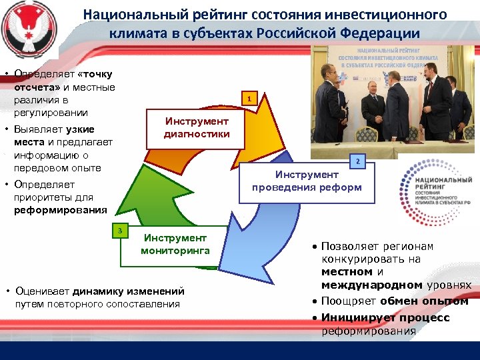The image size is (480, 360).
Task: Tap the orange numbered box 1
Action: point(248,100)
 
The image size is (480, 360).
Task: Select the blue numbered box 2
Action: point(357,161)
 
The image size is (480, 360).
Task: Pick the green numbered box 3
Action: point(119,231)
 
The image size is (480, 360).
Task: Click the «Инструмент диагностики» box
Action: point(197,127)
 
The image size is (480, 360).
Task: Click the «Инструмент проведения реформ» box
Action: point(307,181)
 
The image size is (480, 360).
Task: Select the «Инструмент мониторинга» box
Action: point(175,244)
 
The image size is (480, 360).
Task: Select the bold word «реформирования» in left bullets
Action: point(60,210)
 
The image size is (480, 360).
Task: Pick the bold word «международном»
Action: point(371,285)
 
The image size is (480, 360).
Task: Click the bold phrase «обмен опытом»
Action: point(430,301)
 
